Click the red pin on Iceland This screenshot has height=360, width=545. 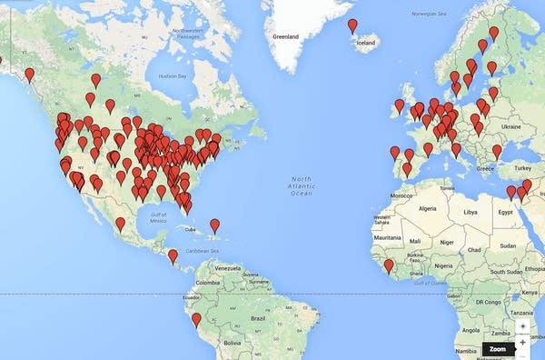coord(352,26)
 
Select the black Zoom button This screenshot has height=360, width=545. coord(497,349)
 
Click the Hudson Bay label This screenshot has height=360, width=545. coord(170,76)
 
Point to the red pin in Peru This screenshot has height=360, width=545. coord(196,320)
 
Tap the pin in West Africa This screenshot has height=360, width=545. coord(389,266)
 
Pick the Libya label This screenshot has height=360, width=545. coord(470,211)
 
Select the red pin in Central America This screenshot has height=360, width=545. coord(173,256)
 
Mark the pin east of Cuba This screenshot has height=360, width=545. coord(215,225)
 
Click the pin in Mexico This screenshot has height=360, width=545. coord(120,224)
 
